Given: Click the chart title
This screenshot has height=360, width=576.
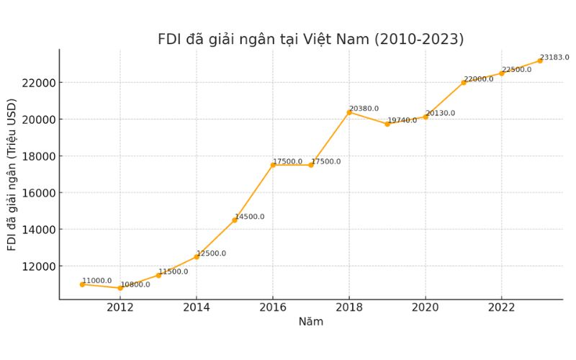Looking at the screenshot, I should point(310,39).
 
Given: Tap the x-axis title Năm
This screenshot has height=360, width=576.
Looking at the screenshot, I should point(310,322).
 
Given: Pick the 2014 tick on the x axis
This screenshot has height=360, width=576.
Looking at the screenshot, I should point(197,308).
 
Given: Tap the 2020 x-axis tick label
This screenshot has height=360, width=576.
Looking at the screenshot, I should point(425,308).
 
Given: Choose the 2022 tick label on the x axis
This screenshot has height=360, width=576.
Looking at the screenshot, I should point(501,308).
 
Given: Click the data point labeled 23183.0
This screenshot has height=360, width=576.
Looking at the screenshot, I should point(540,60).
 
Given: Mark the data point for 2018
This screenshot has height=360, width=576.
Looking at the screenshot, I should point(349,112).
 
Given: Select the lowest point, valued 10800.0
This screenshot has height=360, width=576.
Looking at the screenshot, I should point(120,288).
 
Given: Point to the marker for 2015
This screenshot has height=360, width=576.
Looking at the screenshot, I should point(235,220).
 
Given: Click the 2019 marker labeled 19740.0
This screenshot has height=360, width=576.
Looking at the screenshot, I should point(387,124).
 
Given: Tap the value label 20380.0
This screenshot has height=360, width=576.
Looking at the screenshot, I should point(364,109).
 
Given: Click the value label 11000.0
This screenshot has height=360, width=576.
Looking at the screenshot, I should point(96,281).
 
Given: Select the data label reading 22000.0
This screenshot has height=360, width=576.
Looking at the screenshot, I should point(479,79).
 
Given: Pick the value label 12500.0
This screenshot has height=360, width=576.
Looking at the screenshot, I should point(211,253).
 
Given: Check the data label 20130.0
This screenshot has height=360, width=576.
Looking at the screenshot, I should point(440,113).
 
